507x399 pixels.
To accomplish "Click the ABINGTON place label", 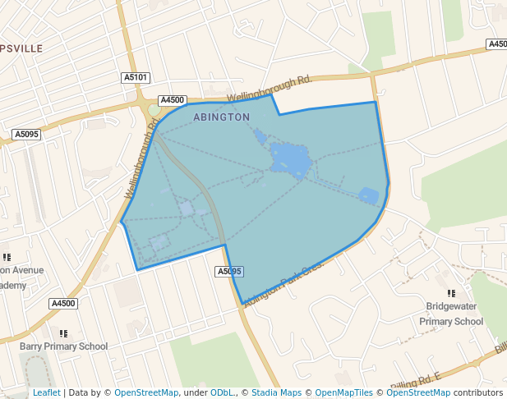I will click(221, 117).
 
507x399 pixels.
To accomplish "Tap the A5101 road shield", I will click(136, 77).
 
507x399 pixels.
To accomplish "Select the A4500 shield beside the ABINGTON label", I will click(172, 99).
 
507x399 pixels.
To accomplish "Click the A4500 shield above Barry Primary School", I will click(63, 304).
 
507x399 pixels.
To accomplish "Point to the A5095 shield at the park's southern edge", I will click(229, 271).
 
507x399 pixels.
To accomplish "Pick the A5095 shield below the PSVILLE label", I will click(26, 134).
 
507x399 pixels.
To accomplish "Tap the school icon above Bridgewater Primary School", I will click(451, 293).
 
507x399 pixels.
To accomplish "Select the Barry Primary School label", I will click(63, 346).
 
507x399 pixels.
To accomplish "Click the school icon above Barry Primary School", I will click(63, 333).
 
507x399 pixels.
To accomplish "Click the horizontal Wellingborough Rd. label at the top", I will click(270, 88).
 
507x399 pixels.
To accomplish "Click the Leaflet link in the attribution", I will click(46, 393).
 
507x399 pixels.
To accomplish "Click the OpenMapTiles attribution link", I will click(343, 393).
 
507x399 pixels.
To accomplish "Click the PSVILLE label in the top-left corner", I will click(21, 48).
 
